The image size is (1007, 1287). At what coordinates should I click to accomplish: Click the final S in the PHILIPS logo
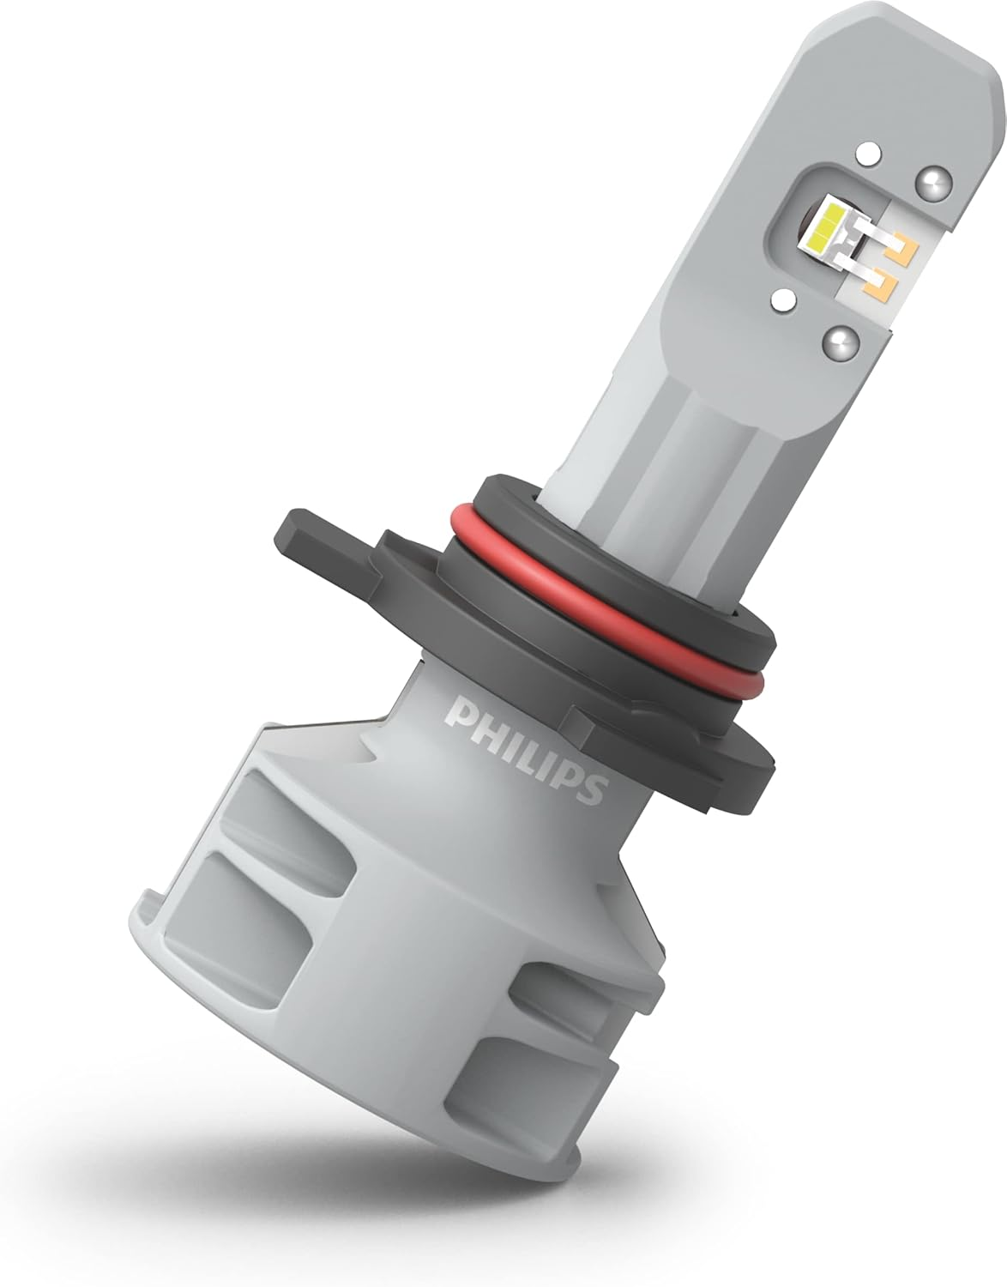[591, 788]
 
